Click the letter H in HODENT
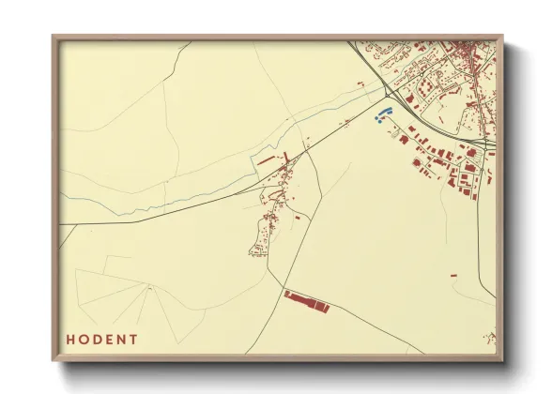69,339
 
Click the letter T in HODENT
134,339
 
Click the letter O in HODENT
83,339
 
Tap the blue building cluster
381,116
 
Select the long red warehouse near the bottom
307,301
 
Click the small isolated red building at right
452,275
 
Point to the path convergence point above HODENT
149,288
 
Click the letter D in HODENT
96,339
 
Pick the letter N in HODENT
121,339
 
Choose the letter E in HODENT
108,339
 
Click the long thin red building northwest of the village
268,160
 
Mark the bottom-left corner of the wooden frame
54,360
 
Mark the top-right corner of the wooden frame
503,37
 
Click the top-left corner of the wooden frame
54,37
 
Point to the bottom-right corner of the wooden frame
503,360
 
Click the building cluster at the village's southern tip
256,250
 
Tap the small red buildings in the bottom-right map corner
489,337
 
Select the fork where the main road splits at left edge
65,225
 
